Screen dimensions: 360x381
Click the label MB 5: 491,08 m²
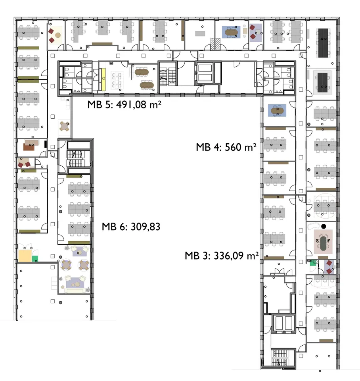click(124, 105)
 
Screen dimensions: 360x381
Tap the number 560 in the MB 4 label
click(233, 147)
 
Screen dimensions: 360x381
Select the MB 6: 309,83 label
click(131, 227)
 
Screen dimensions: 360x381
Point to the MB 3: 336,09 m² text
click(222, 256)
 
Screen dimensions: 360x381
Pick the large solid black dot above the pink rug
click(324, 227)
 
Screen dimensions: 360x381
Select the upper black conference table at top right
click(323, 43)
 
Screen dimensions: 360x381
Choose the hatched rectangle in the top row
click(215, 44)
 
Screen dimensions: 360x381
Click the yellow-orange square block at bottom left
click(25, 256)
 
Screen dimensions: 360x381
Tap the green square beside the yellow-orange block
click(35, 259)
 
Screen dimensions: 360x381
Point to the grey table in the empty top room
click(200, 34)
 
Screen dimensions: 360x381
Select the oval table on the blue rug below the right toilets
click(277, 111)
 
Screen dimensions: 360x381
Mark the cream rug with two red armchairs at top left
click(56, 35)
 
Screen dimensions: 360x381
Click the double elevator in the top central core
click(205, 73)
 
